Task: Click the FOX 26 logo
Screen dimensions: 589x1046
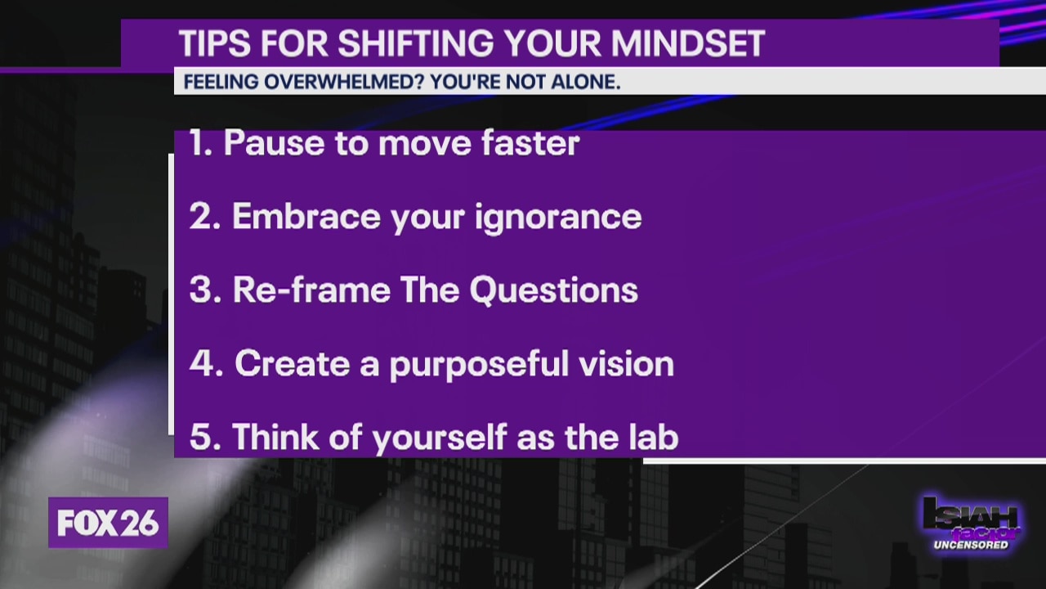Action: (x=108, y=524)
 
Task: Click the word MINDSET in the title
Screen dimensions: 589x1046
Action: (x=689, y=44)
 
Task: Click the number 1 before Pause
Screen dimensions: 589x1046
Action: (x=197, y=143)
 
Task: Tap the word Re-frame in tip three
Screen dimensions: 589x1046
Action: (x=311, y=290)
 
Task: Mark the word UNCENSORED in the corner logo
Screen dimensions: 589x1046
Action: (x=971, y=545)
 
